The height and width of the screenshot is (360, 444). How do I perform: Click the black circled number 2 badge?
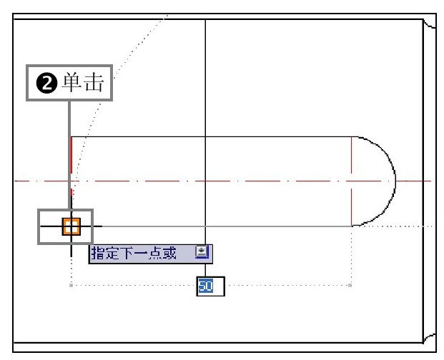46,84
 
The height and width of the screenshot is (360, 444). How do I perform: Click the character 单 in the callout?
71,82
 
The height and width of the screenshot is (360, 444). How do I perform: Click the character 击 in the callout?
94,82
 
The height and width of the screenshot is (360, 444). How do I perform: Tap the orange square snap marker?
71,226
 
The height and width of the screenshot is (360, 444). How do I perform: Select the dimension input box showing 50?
210,286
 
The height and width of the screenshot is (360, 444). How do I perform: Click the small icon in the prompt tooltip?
202,251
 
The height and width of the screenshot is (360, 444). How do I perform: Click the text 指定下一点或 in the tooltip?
134,253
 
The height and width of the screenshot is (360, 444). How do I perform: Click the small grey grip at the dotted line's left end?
71,285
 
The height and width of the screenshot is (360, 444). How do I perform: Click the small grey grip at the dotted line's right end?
350,285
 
